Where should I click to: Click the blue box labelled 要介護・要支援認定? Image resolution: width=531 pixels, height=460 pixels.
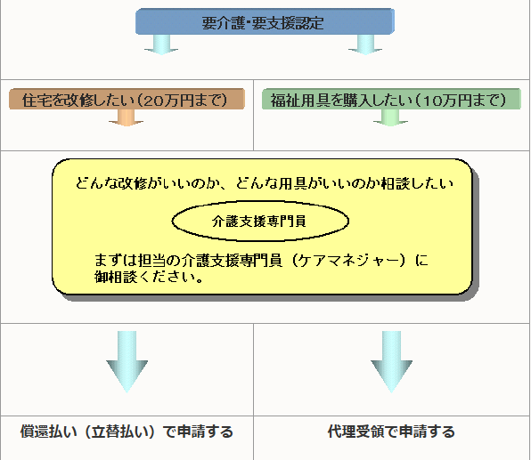point(264,20)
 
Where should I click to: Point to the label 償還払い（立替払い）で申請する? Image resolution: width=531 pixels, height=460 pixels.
point(127,432)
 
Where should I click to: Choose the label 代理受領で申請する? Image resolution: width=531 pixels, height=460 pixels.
point(390,432)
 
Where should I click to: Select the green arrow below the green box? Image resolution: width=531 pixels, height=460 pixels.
point(389,119)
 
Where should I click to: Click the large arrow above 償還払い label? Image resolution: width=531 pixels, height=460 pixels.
point(127,360)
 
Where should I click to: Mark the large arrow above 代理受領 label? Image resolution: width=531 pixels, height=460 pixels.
point(391,360)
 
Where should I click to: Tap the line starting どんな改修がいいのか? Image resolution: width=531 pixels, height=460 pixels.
point(265,185)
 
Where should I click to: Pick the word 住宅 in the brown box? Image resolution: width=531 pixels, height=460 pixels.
point(31,98)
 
